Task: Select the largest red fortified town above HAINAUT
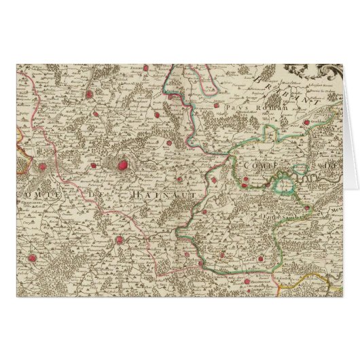123,164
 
